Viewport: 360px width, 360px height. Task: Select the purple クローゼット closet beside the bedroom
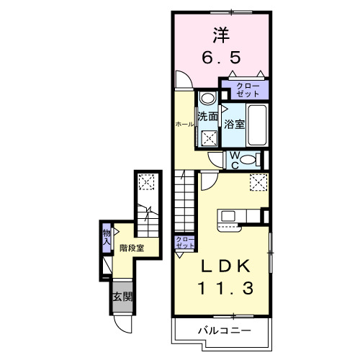246,89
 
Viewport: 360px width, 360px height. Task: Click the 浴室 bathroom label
234,123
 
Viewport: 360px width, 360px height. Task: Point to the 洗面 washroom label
208,115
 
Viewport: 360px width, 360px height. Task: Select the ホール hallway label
184,125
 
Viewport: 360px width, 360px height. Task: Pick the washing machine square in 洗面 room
209,138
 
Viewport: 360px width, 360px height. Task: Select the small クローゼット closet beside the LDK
184,243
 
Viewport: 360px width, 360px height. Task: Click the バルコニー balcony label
224,332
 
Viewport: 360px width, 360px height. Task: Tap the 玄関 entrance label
122,296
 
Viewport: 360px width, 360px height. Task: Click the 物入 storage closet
107,237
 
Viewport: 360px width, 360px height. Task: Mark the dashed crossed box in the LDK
258,184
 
